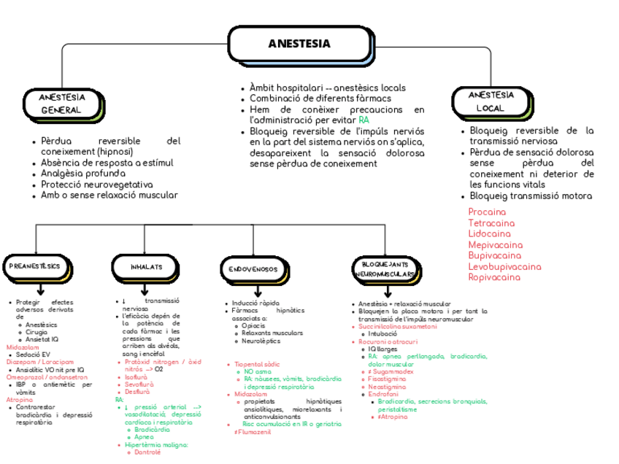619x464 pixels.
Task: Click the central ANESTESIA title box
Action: coord(299,44)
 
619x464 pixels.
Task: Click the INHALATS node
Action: coord(146,267)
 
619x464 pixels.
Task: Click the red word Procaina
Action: coord(486,212)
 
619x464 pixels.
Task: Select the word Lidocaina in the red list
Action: coord(489,233)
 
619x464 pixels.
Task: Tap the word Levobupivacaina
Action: coord(504,266)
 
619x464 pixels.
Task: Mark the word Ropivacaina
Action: coord(493,277)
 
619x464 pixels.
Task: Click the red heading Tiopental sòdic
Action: coord(258,363)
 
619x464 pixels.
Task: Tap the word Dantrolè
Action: coord(148,452)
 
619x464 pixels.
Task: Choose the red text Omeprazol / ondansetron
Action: coord(42,377)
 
